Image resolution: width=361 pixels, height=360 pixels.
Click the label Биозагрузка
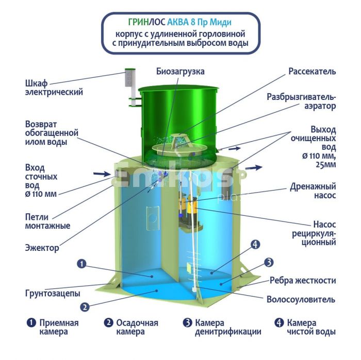[180, 71]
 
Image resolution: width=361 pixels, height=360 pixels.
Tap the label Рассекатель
[312, 71]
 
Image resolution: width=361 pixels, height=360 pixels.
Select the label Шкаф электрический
[54, 88]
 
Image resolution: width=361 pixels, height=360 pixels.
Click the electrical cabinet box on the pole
[130, 78]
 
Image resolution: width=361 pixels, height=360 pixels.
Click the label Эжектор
[42, 248]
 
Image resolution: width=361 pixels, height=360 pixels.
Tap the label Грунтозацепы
[53, 294]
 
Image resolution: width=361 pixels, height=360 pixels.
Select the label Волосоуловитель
[301, 299]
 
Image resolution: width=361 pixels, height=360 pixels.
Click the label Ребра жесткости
[303, 281]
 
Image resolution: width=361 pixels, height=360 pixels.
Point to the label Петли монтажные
[47, 221]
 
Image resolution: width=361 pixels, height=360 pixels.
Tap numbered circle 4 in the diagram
[255, 245]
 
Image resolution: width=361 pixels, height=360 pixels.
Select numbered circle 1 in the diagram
[81, 264]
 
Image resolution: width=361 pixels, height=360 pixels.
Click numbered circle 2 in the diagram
[85, 307]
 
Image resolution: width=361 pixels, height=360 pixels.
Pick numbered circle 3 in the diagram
[269, 262]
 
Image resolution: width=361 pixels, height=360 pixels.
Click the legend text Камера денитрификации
[228, 328]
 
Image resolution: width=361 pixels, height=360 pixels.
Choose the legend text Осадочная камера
[137, 328]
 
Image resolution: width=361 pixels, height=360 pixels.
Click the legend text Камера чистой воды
[311, 328]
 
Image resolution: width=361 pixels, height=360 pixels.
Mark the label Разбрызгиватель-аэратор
[301, 101]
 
